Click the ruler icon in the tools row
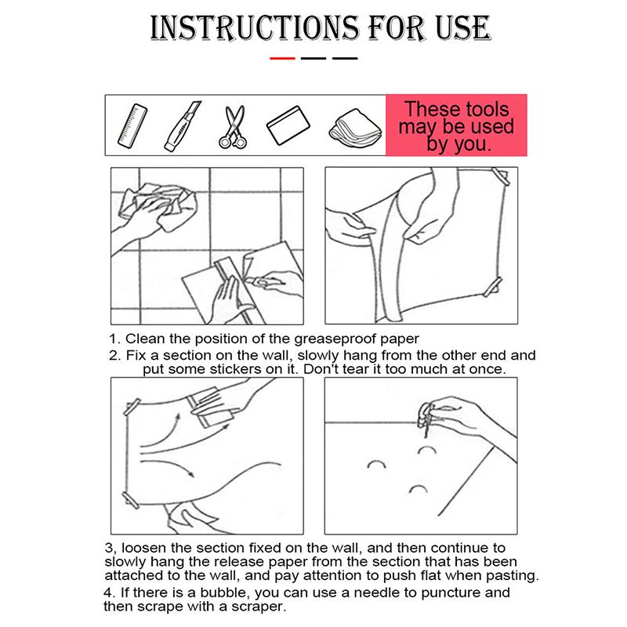click(132, 126)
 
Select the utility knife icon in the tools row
click(183, 126)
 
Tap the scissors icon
click(233, 127)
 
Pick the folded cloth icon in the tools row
click(355, 126)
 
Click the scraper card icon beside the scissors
click(288, 125)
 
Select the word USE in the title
click(463, 28)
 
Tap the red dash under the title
click(282, 58)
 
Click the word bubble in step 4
click(225, 593)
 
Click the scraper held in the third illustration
click(210, 407)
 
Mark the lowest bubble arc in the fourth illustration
click(419, 489)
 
